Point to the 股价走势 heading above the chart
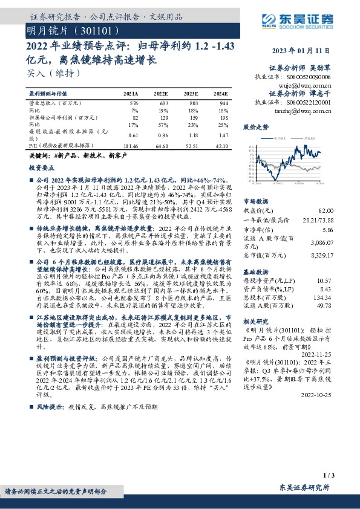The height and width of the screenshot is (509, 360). coord(255,128)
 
